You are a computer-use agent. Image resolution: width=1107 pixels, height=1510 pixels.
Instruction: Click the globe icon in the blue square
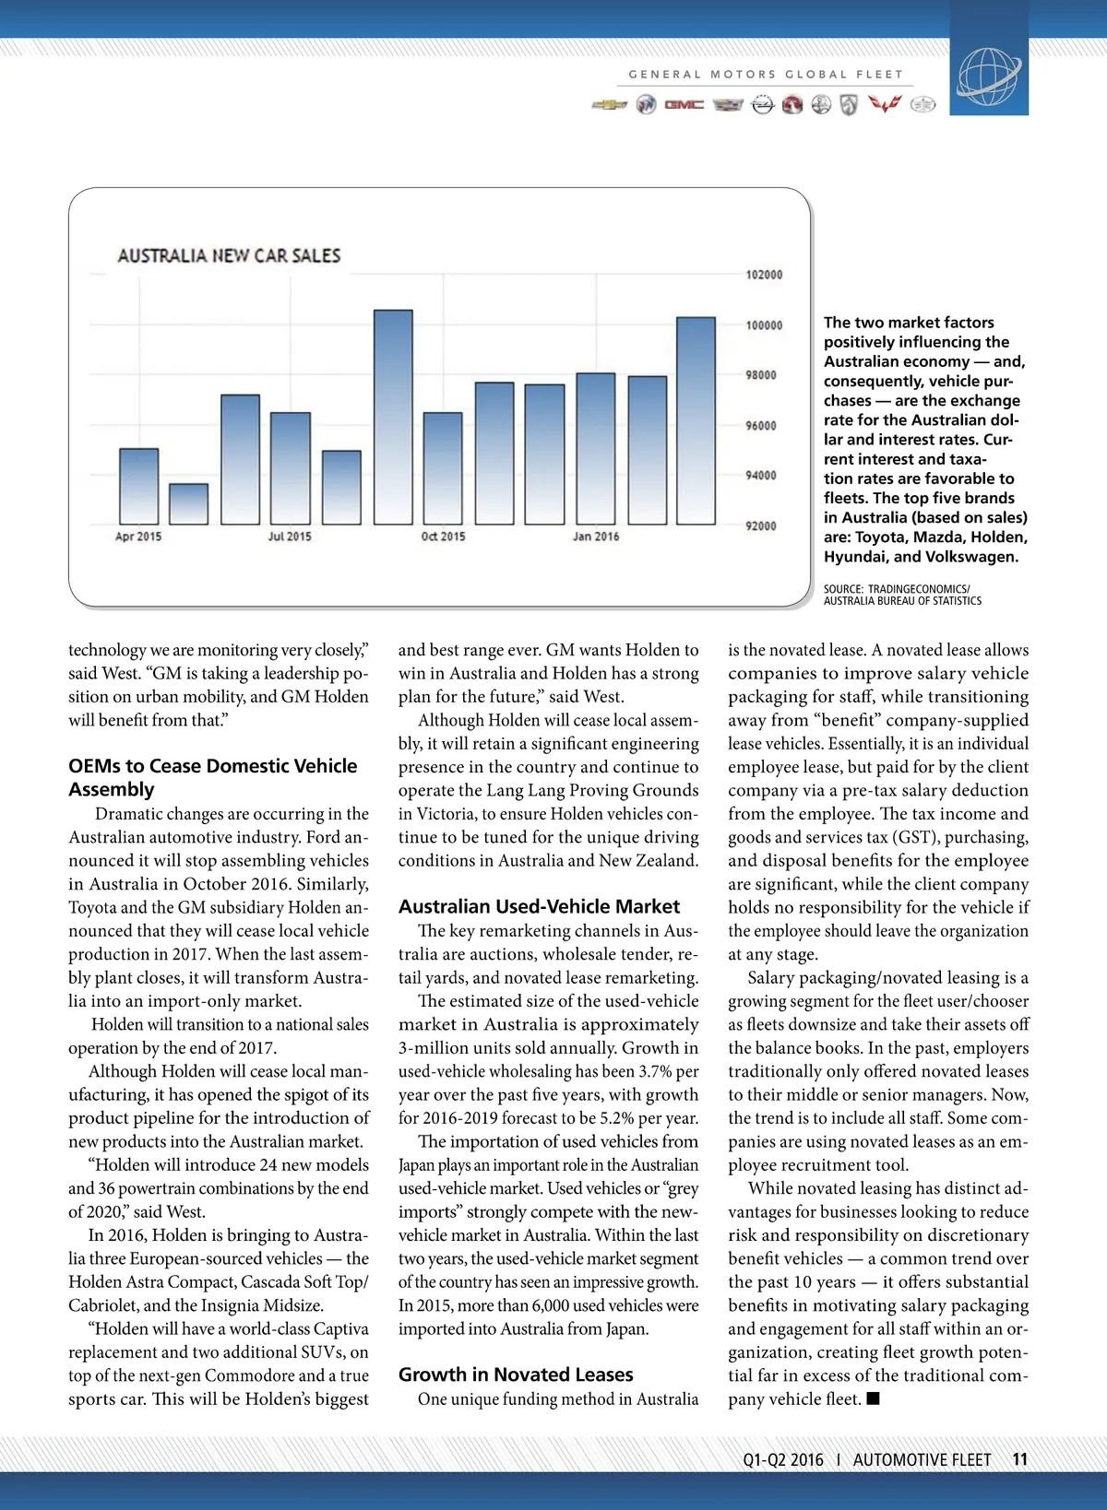pos(989,75)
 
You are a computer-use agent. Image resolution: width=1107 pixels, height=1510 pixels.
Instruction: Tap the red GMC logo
pos(684,105)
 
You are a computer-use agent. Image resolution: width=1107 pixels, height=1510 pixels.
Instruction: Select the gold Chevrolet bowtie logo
pos(609,105)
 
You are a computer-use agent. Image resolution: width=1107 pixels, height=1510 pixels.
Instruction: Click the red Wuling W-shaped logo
pos(884,105)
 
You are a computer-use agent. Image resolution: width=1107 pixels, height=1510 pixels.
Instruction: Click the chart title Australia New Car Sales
pos(229,255)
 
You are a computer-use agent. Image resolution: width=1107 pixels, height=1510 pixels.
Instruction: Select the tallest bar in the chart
pos(393,417)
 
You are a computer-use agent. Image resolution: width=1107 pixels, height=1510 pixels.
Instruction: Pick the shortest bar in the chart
pos(188,504)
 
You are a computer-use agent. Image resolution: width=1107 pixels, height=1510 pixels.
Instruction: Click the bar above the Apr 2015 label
pos(138,487)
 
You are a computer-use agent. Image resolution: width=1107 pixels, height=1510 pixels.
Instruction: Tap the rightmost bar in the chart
pos(696,420)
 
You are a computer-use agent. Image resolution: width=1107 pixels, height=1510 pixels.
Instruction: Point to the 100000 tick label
pos(764,325)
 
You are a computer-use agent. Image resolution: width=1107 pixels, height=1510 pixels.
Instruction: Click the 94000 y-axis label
pos(761,476)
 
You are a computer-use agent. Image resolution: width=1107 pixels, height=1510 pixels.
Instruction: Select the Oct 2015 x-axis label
pos(443,537)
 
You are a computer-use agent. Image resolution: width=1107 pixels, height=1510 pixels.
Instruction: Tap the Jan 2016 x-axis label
pos(596,537)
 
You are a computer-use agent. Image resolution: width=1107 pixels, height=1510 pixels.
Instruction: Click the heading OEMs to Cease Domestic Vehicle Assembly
pos(212,777)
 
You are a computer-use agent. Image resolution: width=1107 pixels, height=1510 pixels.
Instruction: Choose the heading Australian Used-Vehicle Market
pos(539,906)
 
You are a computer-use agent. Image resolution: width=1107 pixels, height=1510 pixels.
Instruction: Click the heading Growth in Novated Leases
pos(516,1374)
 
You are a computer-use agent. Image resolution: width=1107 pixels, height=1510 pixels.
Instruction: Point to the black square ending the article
pos(874,1398)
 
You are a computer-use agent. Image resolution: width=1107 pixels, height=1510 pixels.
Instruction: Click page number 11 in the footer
pos(1019,1459)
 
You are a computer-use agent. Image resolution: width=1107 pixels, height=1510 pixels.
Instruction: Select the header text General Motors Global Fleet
pos(766,75)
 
